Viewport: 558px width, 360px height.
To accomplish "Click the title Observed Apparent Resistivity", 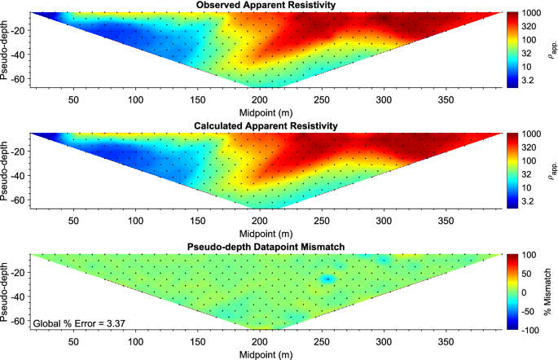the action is pyautogui.click(x=266, y=5).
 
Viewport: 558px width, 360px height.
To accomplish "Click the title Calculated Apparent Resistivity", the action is pyautogui.click(x=266, y=126).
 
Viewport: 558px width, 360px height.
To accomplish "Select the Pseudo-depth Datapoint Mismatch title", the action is pyautogui.click(x=266, y=247).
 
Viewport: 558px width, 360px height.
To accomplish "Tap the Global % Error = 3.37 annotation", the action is pyautogui.click(x=79, y=323).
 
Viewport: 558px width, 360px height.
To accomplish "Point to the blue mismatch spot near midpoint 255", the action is pyautogui.click(x=327, y=279).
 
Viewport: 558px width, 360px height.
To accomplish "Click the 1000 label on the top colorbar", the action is pyautogui.click(x=531, y=13).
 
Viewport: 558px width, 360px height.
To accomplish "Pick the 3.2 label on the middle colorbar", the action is pyautogui.click(x=528, y=201).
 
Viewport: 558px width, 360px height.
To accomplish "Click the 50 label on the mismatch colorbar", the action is pyautogui.click(x=526, y=274).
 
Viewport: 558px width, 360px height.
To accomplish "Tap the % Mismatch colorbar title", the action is pyautogui.click(x=547, y=292).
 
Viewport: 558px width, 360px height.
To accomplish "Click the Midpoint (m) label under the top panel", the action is pyautogui.click(x=266, y=113).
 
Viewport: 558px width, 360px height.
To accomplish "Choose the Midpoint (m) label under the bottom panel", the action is pyautogui.click(x=266, y=355).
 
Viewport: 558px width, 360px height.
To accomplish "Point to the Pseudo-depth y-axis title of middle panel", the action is pyautogui.click(x=4, y=171).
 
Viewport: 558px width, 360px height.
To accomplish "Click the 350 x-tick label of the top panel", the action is pyautogui.click(x=446, y=100).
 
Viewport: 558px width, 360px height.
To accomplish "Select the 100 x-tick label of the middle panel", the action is pyautogui.click(x=135, y=221).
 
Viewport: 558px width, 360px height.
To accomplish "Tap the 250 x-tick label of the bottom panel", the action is pyautogui.click(x=322, y=342).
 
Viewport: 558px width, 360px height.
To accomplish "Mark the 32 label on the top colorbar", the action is pyautogui.click(x=526, y=54).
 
